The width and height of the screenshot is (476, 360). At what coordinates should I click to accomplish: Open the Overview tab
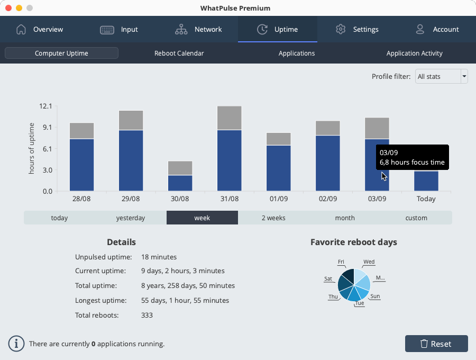pos(40,29)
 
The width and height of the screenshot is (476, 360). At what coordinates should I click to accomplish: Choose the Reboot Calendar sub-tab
pos(179,53)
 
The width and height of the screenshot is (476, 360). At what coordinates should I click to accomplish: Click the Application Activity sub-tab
pos(414,53)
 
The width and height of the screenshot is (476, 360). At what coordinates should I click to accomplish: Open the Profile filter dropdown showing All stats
pos(441,77)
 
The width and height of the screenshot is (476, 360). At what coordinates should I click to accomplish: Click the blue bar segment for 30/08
pos(180,183)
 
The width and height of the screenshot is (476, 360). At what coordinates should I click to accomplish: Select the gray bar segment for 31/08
pos(229,118)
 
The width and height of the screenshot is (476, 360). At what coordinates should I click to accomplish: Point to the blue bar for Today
pos(426,181)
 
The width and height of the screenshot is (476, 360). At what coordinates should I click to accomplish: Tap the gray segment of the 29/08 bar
pos(131,120)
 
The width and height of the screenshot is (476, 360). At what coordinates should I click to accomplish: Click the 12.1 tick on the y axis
pos(45,106)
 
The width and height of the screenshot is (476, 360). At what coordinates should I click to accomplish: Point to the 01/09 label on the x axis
pos(278,199)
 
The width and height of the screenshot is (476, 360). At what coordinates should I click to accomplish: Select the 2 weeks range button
pos(273,218)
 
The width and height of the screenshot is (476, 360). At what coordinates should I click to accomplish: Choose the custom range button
pos(416,218)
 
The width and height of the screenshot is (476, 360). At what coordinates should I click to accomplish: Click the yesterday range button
pos(131,218)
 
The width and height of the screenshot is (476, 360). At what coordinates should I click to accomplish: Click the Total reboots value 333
pos(147,315)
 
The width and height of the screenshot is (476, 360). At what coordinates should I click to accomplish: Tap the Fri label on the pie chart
pos(341,262)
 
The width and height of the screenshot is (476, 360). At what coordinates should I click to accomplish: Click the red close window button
pos(8,8)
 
